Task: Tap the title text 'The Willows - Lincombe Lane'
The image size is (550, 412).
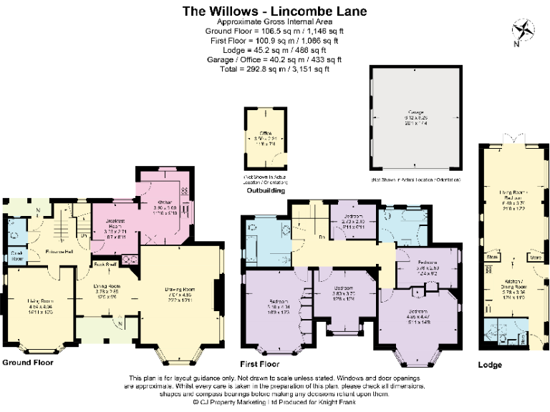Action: (x=274, y=11)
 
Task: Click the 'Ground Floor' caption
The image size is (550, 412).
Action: (x=26, y=362)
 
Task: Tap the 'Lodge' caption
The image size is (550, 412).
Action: (x=489, y=365)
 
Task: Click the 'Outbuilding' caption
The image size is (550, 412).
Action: (x=265, y=191)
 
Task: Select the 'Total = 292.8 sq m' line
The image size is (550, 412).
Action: (x=274, y=69)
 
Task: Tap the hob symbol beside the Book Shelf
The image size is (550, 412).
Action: (x=130, y=263)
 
